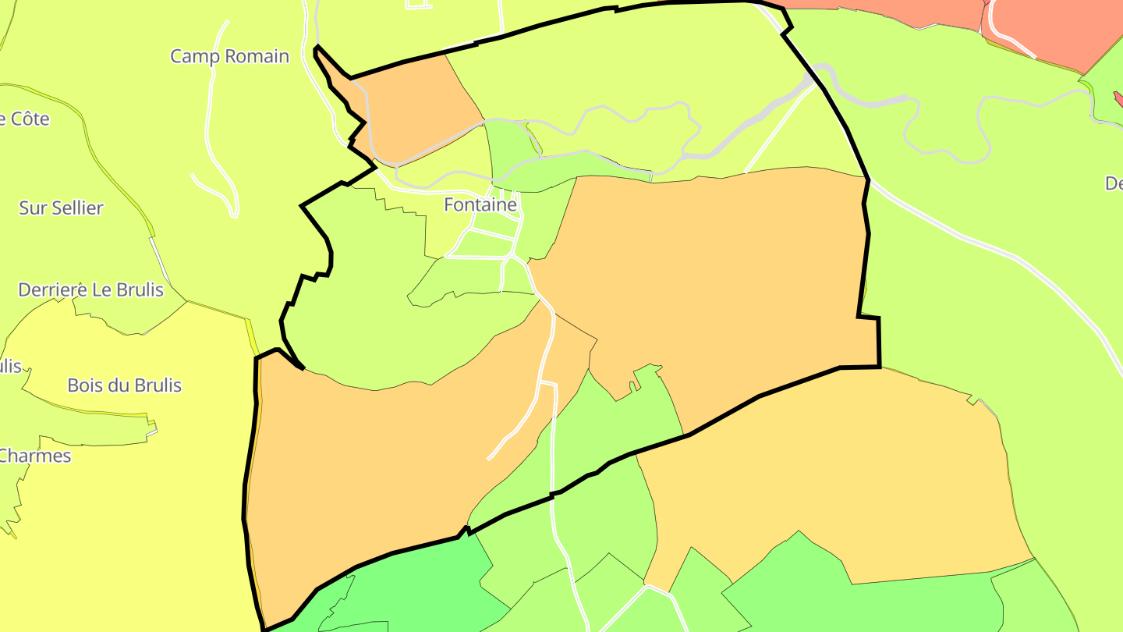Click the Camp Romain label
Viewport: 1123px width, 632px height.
pyautogui.click(x=229, y=56)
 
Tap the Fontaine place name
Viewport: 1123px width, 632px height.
pyautogui.click(x=480, y=204)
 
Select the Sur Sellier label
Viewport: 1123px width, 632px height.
pyautogui.click(x=61, y=208)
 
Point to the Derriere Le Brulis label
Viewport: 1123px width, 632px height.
pyautogui.click(x=91, y=289)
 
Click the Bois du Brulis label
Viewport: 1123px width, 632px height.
pyautogui.click(x=124, y=385)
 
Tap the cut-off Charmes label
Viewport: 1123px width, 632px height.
pyautogui.click(x=35, y=456)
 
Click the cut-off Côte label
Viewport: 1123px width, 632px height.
pyautogui.click(x=25, y=119)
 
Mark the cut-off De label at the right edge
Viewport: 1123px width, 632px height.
pyautogui.click(x=1114, y=183)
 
